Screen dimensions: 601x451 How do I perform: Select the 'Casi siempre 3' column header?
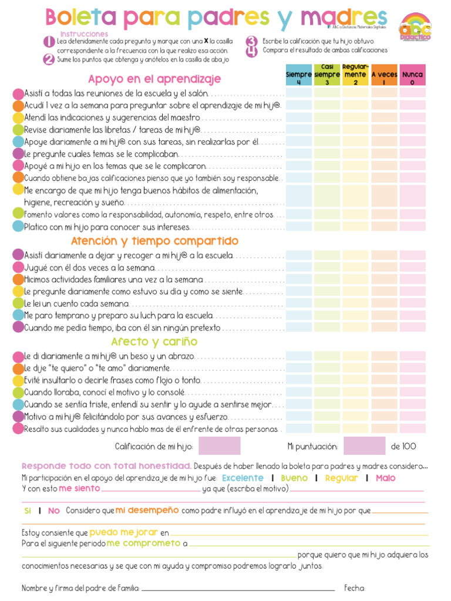point(327,75)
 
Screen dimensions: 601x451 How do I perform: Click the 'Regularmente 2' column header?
point(355,75)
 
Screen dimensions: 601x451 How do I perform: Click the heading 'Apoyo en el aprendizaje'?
point(154,79)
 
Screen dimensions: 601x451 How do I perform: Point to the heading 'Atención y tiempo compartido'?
point(154,241)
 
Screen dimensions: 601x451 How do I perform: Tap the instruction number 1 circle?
point(48,42)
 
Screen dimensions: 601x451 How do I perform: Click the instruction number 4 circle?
point(251,51)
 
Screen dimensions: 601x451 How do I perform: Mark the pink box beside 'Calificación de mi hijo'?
point(219,446)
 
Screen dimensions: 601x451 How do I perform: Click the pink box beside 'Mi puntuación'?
point(364,446)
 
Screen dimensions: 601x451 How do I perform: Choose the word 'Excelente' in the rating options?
point(243,478)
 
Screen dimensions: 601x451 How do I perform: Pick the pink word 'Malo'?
point(385,478)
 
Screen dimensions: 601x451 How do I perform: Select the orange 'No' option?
point(54,511)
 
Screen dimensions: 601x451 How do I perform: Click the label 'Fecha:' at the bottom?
point(355,588)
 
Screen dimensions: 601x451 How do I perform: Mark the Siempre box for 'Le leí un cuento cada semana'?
point(298,303)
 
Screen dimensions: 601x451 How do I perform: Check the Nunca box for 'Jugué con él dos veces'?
point(412,267)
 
